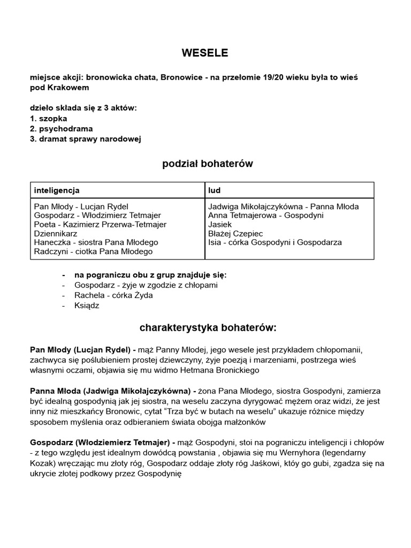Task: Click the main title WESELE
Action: point(205,52)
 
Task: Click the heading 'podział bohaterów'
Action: point(208,164)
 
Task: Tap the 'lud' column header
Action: point(214,190)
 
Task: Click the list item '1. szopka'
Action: point(49,118)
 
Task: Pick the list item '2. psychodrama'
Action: point(61,128)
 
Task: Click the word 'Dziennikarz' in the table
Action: point(56,233)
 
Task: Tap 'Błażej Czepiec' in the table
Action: point(235,233)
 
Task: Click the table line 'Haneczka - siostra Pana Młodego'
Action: point(96,242)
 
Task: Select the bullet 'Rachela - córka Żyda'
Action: point(114,295)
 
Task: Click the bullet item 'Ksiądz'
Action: point(87,306)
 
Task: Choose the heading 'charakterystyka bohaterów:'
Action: point(208,327)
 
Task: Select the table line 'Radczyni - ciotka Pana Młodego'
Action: point(93,252)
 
